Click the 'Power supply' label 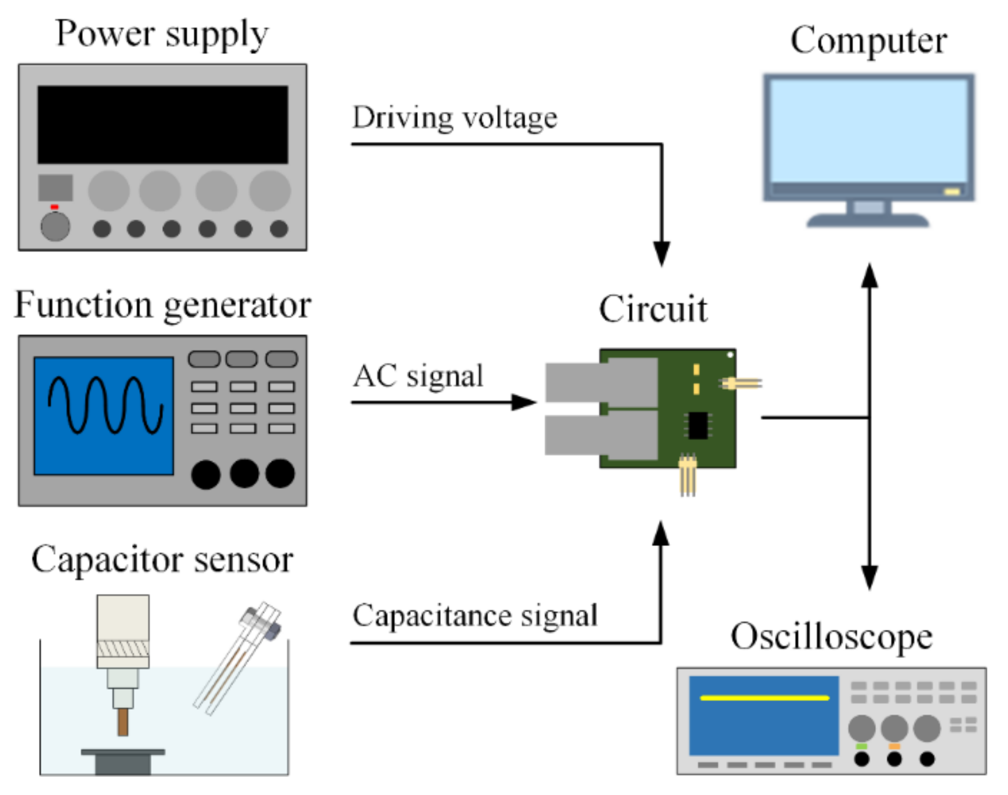tap(162, 34)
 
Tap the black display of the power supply tap(163, 125)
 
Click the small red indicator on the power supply tap(55, 207)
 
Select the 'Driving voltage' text tap(454, 117)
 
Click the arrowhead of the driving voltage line tap(661, 255)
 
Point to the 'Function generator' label tap(163, 304)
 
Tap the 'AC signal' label tap(418, 376)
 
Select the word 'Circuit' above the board tap(653, 309)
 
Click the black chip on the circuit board tap(697, 425)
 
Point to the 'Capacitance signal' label tap(475, 616)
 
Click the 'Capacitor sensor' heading tap(162, 560)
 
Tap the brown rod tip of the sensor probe tap(123, 722)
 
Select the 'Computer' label tap(868, 41)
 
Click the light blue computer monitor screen tap(868, 130)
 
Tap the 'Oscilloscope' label tap(831, 637)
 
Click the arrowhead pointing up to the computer tap(869, 275)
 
